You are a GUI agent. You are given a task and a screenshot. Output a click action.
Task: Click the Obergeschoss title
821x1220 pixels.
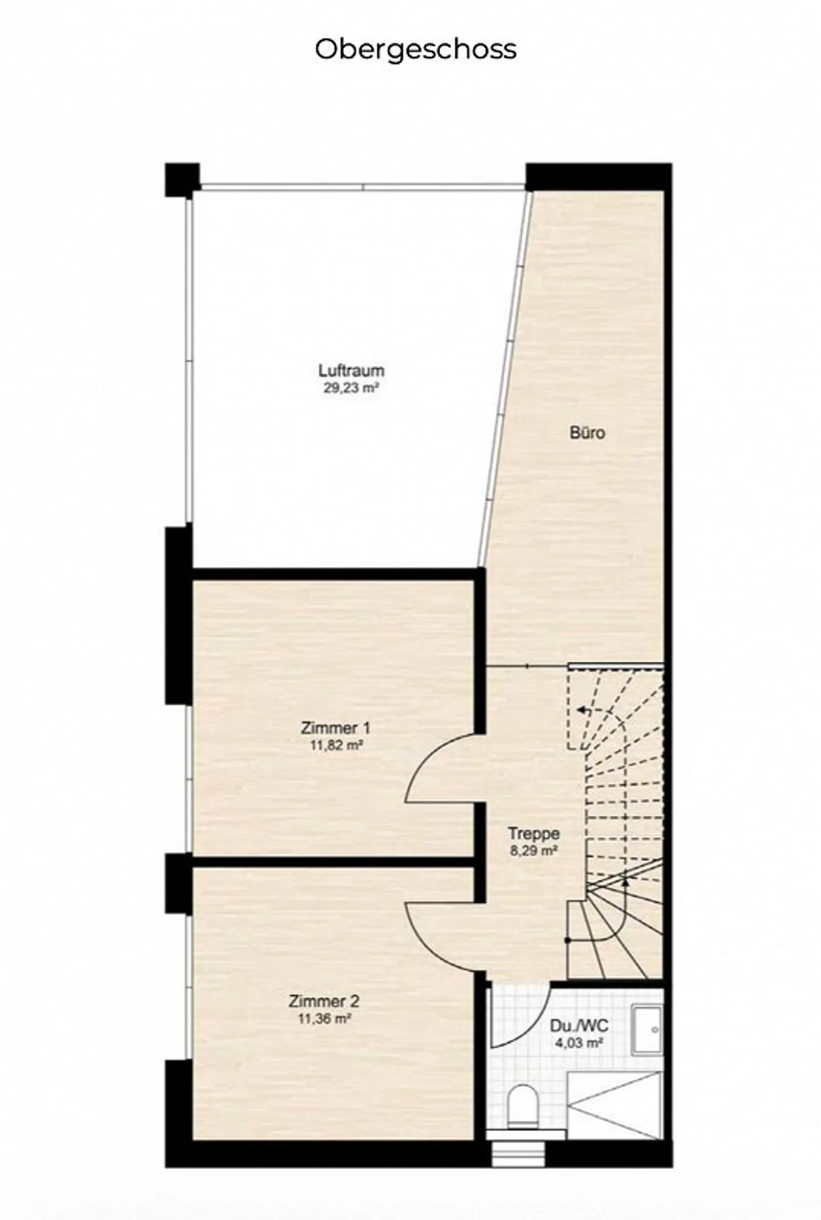pyautogui.click(x=416, y=50)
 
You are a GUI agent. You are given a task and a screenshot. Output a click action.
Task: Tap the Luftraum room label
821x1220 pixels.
pyautogui.click(x=351, y=370)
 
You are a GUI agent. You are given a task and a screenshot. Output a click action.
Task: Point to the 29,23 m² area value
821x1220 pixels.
pyautogui.click(x=351, y=389)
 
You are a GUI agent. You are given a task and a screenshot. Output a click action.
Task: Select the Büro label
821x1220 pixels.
pyautogui.click(x=587, y=433)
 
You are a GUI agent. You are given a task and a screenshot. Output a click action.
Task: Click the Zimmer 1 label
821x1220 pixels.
pyautogui.click(x=336, y=728)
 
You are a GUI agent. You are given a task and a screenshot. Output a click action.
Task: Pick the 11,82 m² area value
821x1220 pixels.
pyautogui.click(x=336, y=745)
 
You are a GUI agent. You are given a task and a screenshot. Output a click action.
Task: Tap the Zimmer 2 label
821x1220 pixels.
pyautogui.click(x=324, y=1001)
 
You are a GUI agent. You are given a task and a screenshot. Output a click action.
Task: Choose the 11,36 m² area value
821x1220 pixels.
pyautogui.click(x=324, y=1019)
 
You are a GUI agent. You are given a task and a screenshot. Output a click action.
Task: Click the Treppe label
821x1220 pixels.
pyautogui.click(x=534, y=834)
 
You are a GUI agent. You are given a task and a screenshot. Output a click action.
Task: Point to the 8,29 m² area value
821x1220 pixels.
pyautogui.click(x=534, y=851)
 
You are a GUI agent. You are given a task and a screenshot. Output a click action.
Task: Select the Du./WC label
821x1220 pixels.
pyautogui.click(x=579, y=1026)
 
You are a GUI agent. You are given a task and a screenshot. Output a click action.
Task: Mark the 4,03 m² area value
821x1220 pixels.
pyautogui.click(x=579, y=1043)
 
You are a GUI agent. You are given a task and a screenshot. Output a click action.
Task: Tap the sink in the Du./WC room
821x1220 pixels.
pyautogui.click(x=647, y=1030)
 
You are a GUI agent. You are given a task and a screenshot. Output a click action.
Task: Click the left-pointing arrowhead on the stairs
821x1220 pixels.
pyautogui.click(x=580, y=711)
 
